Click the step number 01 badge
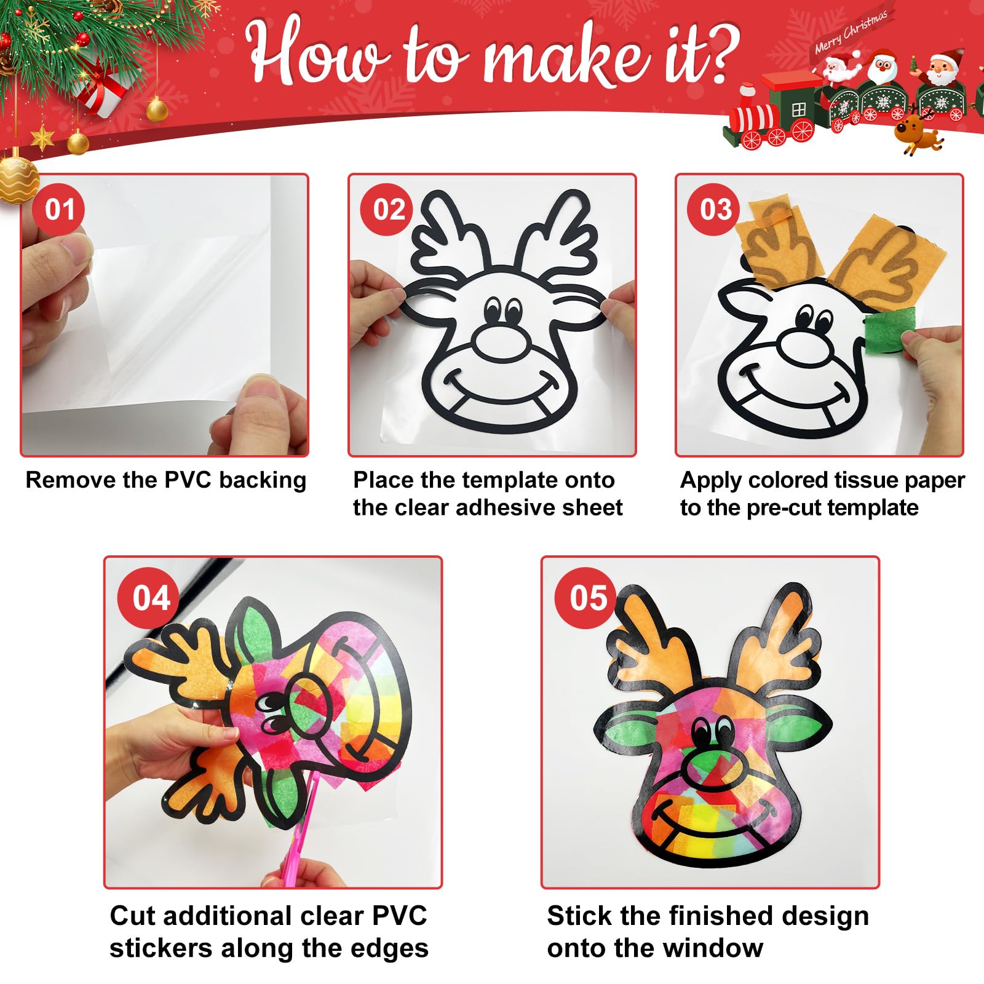pyautogui.click(x=60, y=209)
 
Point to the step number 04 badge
pyautogui.click(x=151, y=598)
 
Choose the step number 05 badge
pyautogui.click(x=587, y=598)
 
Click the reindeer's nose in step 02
pyautogui.click(x=502, y=343)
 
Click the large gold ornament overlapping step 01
pyautogui.click(x=17, y=180)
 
